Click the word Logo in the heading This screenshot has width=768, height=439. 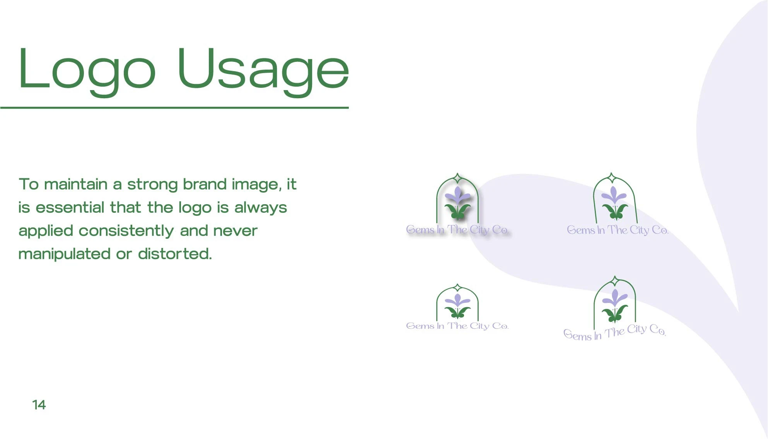coord(87,72)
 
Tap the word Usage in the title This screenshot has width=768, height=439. coord(263,72)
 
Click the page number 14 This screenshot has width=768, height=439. coord(39,405)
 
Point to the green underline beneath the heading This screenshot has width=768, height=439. coord(174,108)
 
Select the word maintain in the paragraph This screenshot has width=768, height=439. coord(76,184)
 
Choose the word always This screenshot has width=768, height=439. coord(261,208)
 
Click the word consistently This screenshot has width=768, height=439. coord(126,231)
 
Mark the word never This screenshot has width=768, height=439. coord(235,231)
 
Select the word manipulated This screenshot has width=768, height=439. coord(65,255)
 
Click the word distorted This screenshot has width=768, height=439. coord(175,254)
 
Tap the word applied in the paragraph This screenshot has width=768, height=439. coord(46,231)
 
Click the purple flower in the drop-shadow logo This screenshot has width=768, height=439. coord(458,195)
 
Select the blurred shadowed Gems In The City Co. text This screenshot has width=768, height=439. coord(457,230)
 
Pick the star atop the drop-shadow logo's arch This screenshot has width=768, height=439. coord(457,178)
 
